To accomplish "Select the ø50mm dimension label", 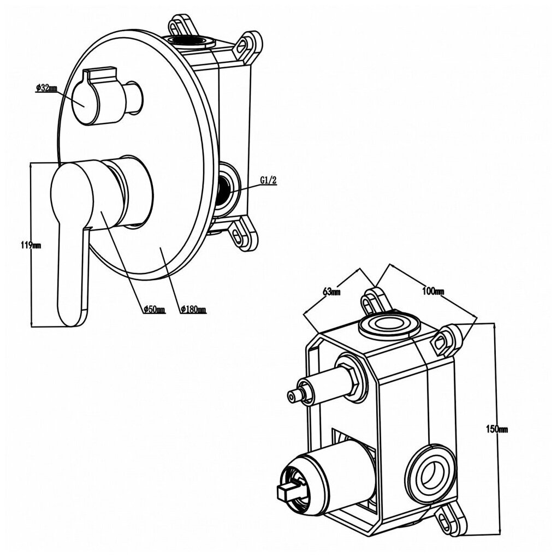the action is pos(153,310).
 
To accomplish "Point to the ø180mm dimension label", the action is pos(193,310).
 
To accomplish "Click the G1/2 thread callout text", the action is pos(268,181).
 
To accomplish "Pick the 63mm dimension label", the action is pos(331,292).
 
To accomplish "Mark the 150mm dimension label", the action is pos(497,429).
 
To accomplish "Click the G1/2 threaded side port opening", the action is pos(225,189).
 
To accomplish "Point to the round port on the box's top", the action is pos(388,325).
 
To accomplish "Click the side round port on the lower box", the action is pos(431,469).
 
